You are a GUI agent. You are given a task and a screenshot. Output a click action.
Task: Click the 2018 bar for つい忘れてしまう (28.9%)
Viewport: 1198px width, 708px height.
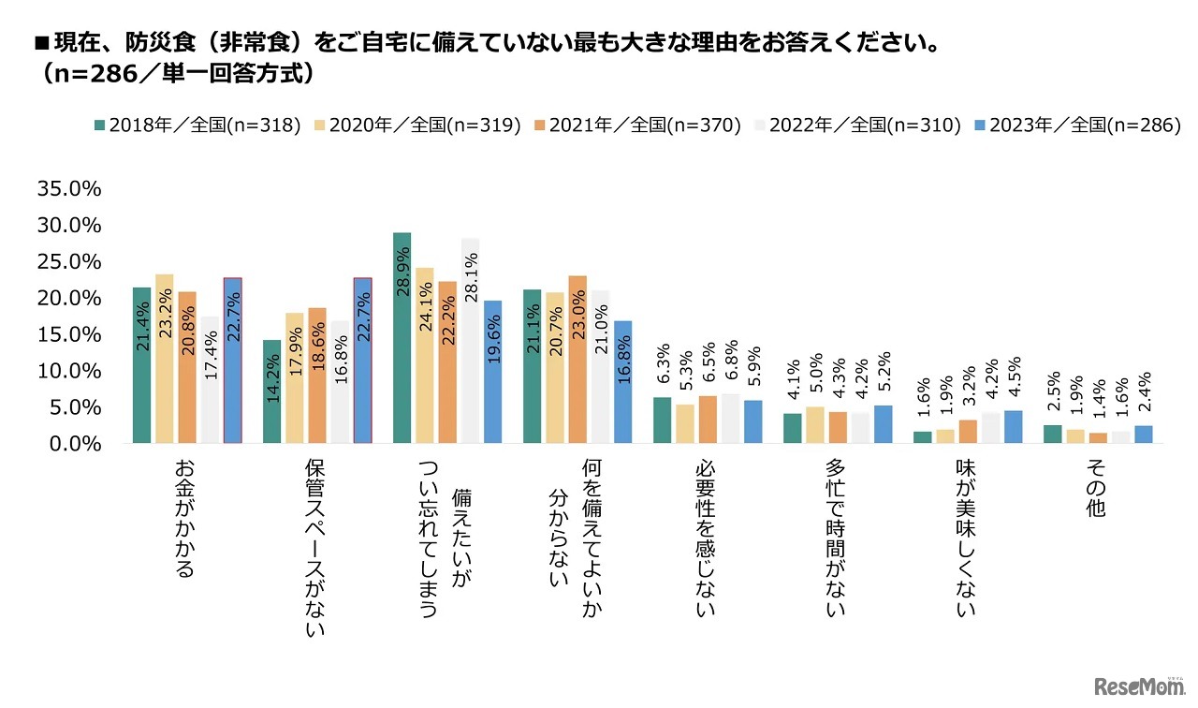tap(402, 337)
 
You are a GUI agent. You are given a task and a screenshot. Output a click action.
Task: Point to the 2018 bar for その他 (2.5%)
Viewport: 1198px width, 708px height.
tap(1052, 434)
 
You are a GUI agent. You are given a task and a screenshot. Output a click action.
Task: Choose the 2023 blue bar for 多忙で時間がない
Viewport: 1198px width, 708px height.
tap(883, 424)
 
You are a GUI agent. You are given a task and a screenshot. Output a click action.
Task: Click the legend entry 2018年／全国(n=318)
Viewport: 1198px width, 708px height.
tap(202, 125)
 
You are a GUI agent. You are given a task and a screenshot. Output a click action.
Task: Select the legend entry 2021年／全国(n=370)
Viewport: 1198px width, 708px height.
tap(643, 125)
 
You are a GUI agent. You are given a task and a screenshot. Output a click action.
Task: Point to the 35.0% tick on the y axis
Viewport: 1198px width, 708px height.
tap(67, 189)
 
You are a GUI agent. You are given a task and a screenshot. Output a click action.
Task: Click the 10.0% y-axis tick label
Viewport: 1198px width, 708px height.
tap(67, 371)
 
